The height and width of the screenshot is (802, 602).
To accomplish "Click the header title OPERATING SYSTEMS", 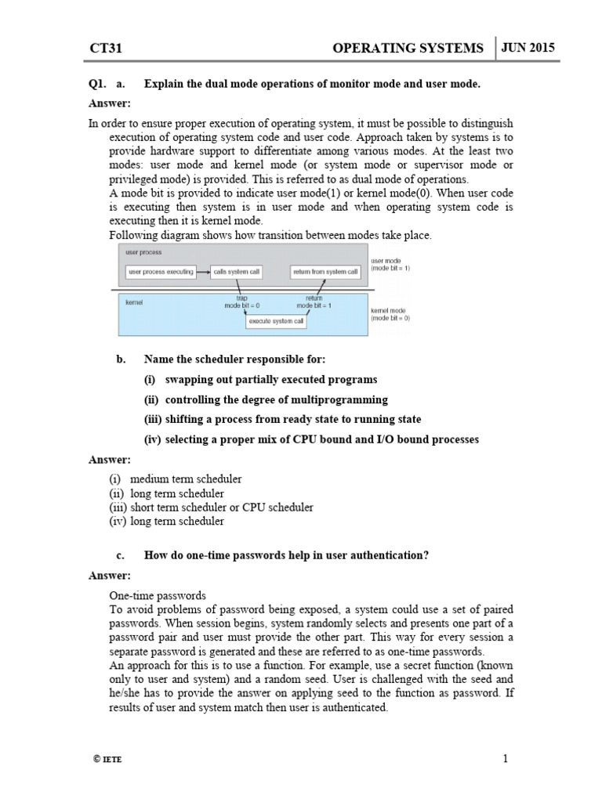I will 408,49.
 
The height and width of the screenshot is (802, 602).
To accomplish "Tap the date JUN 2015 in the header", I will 529,47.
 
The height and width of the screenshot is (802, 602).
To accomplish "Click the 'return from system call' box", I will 325,272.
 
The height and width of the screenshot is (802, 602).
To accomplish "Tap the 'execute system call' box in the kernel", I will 277,320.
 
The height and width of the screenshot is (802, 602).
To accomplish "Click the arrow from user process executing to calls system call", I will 201,272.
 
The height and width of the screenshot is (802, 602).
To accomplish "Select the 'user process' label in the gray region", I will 143,253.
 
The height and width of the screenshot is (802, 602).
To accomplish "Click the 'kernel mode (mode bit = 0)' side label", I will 390,314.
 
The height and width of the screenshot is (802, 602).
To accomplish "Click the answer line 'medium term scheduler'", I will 186,479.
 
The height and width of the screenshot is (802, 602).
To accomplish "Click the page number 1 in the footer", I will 506,758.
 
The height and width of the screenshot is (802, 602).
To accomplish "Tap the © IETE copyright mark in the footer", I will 107,760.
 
